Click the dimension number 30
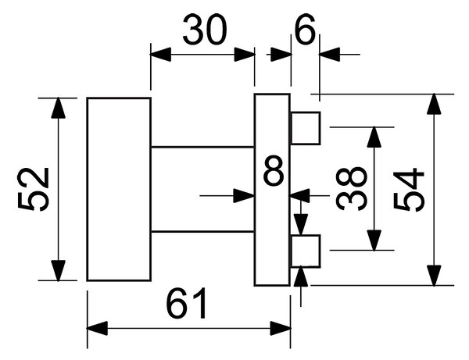pyautogui.click(x=205, y=30)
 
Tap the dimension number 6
pyautogui.click(x=305, y=30)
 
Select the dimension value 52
pyautogui.click(x=33, y=190)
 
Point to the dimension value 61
pyautogui.click(x=186, y=303)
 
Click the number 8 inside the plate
pyautogui.click(x=274, y=170)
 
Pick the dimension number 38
pyautogui.click(x=351, y=189)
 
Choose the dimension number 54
pyautogui.click(x=409, y=190)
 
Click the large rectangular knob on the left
pyautogui.click(x=119, y=189)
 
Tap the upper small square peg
pyautogui.click(x=306, y=128)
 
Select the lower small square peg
pyautogui.click(x=306, y=251)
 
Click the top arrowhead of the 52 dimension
pyautogui.click(x=58, y=108)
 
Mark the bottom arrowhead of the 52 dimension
pyautogui.click(x=58, y=270)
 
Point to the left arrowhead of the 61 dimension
pyautogui.click(x=97, y=328)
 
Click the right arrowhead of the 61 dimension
pyautogui.click(x=281, y=328)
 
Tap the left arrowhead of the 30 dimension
pyautogui.click(x=160, y=55)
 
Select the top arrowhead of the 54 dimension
pyautogui.click(x=434, y=105)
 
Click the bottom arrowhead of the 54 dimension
pyautogui.click(x=434, y=275)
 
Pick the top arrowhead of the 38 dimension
pyautogui.click(x=374, y=137)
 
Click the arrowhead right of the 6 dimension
pyautogui.click(x=330, y=55)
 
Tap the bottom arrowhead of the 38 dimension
pyautogui.click(x=374, y=241)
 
